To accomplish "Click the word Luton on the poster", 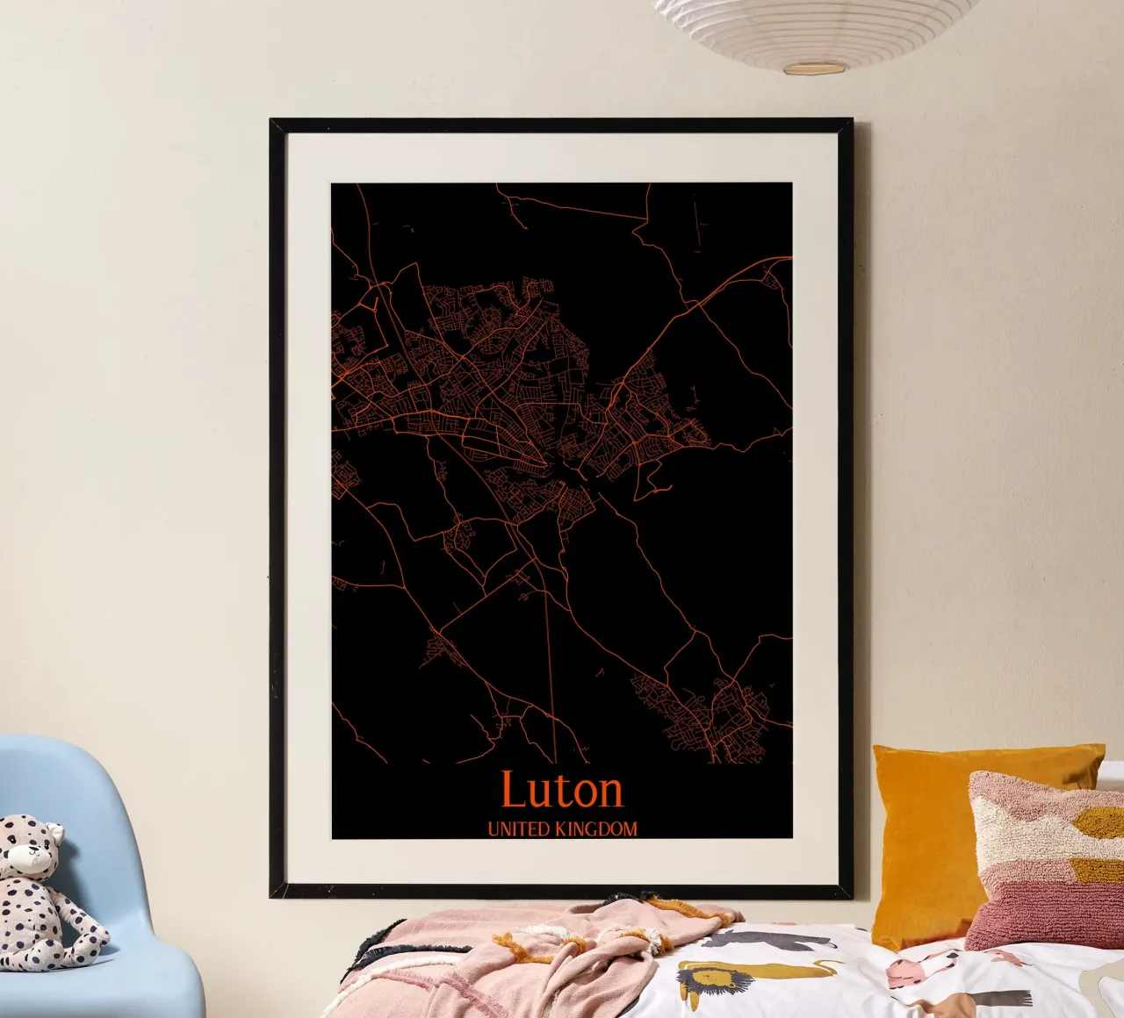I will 562,790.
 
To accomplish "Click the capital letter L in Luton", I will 514,789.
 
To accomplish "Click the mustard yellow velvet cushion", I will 931,834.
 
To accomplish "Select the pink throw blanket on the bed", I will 527,948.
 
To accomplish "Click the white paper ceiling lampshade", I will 817,31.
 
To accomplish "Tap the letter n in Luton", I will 609,793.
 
